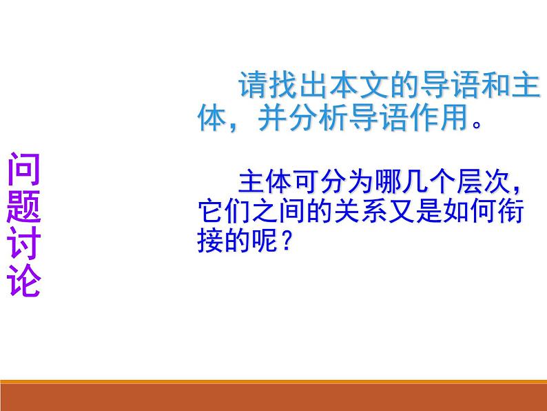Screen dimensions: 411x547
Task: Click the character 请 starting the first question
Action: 251,87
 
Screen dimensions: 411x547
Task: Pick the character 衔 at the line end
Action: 510,212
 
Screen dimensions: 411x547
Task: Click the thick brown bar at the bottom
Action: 273,397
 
